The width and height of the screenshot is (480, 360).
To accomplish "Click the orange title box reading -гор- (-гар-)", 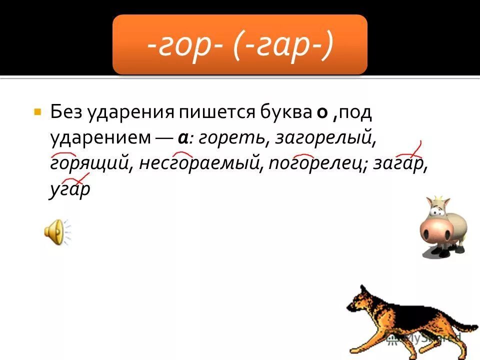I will point(240,45).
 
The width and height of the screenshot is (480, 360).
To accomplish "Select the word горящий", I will point(88,164).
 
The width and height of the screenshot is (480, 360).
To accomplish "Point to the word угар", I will point(69,190).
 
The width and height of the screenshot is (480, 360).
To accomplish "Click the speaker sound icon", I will point(55,233).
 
